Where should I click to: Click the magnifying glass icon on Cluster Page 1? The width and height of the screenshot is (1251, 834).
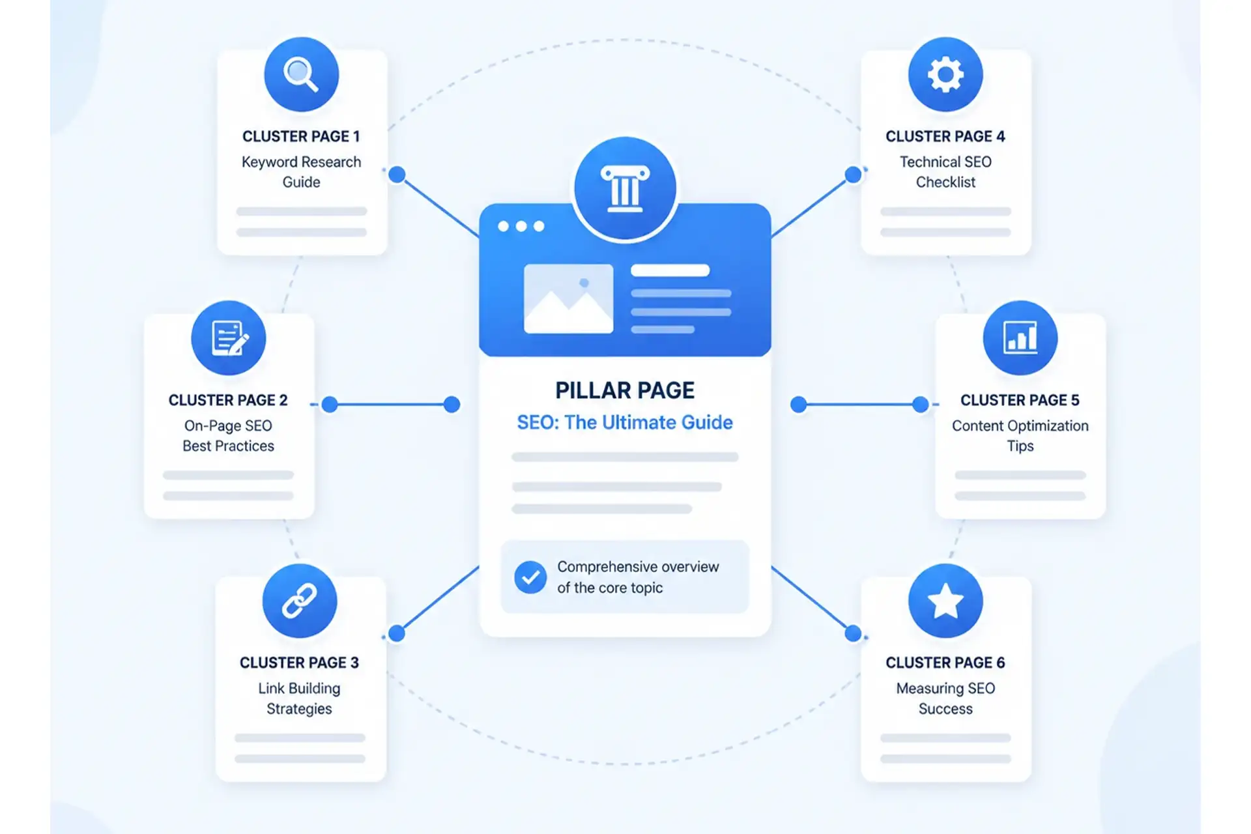(301, 74)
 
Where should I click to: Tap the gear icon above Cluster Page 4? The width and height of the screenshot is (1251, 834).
(945, 74)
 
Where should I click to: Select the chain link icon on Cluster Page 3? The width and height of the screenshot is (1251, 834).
(300, 600)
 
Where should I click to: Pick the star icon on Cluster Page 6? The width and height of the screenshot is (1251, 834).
(945, 600)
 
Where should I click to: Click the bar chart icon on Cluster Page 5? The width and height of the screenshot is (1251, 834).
(1020, 338)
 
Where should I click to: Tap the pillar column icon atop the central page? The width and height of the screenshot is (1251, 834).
(625, 189)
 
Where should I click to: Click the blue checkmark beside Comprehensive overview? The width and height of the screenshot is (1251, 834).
(530, 577)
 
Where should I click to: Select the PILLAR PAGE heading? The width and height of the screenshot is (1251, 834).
(625, 390)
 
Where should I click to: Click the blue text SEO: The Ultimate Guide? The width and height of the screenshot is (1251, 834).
(625, 422)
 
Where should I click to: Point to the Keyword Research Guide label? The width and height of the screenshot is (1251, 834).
(301, 171)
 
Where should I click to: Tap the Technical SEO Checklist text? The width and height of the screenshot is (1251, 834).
(945, 171)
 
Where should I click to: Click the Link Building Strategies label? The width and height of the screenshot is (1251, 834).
(299, 698)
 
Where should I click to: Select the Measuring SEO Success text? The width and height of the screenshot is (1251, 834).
(945, 698)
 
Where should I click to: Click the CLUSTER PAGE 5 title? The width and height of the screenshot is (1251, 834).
(1020, 400)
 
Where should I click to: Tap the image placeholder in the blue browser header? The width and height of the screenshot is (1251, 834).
(568, 298)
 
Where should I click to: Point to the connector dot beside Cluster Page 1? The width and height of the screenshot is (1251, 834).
(397, 175)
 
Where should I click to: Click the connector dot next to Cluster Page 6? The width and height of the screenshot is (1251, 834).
(853, 633)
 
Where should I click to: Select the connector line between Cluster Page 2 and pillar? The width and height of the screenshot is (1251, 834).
(391, 405)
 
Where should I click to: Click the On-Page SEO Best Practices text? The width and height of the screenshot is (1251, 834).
(228, 435)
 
